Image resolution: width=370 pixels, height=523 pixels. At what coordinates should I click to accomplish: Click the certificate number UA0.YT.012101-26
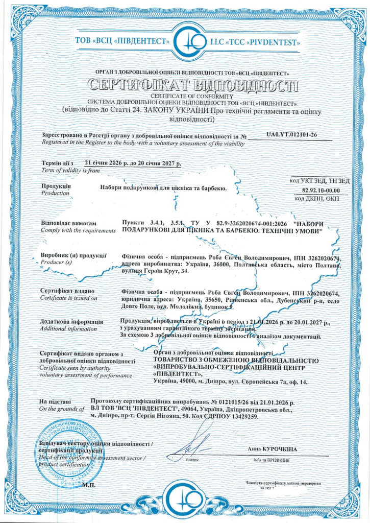pos(292,135)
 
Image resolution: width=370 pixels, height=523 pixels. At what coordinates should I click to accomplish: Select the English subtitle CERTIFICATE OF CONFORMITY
pos(185,96)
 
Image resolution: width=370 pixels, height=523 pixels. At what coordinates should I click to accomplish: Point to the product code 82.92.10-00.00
pos(320,191)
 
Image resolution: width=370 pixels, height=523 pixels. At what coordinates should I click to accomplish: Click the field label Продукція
pos(56,186)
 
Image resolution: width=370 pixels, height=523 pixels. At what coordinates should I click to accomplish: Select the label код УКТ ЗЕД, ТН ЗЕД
pos(319,181)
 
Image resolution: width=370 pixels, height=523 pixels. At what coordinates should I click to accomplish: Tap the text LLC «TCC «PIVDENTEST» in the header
pos(256,42)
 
